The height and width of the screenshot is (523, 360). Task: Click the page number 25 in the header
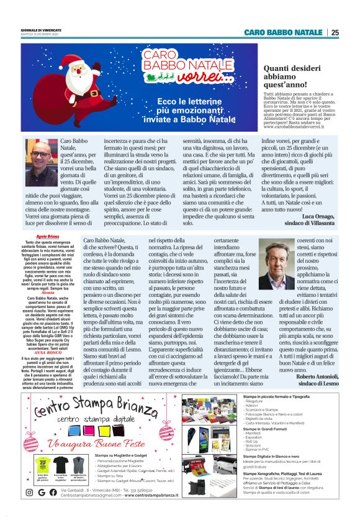(x=335, y=32)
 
